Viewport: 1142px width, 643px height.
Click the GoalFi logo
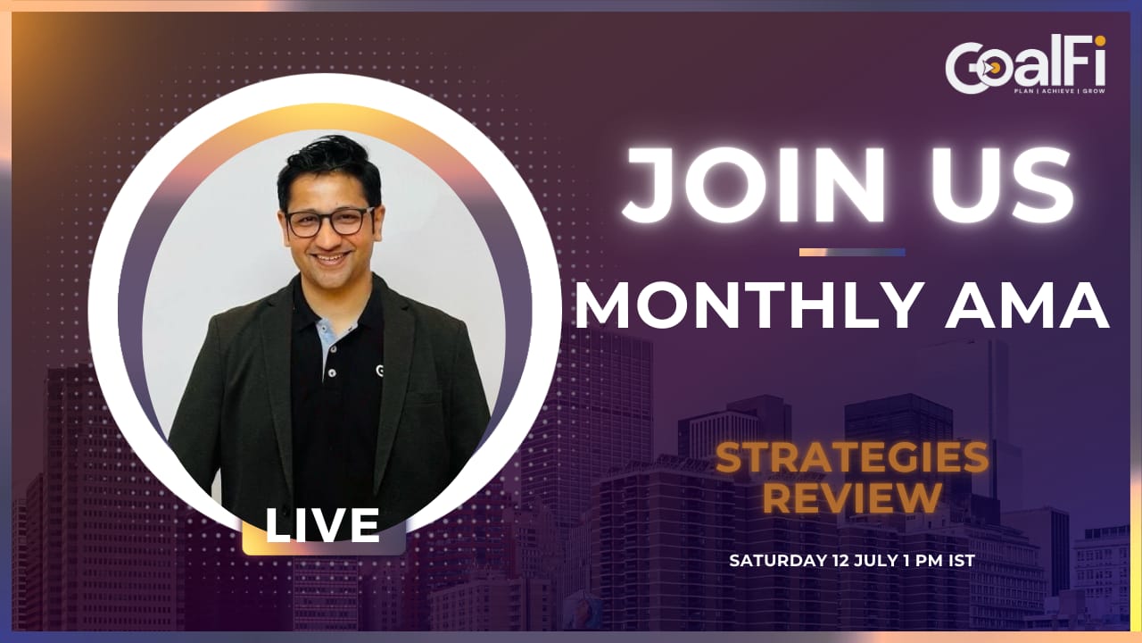pyautogui.click(x=1025, y=65)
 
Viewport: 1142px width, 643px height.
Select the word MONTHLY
pyautogui.click(x=748, y=305)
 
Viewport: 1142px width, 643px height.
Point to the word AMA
pyautogui.click(x=1027, y=305)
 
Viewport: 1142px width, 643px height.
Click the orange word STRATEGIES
pyautogui.click(x=852, y=458)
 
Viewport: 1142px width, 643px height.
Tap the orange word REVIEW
pyautogui.click(x=852, y=497)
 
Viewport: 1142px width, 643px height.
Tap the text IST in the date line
pyautogui.click(x=962, y=560)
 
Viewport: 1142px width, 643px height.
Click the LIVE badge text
pyautogui.click(x=322, y=526)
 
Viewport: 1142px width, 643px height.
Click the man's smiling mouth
pyautogui.click(x=330, y=258)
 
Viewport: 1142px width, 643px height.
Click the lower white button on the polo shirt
pyautogui.click(x=333, y=373)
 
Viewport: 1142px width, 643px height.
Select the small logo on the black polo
pyautogui.click(x=380, y=371)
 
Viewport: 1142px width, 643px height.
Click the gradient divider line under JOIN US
pyautogui.click(x=852, y=252)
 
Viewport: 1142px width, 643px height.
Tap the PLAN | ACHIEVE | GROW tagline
pyautogui.click(x=1059, y=91)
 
